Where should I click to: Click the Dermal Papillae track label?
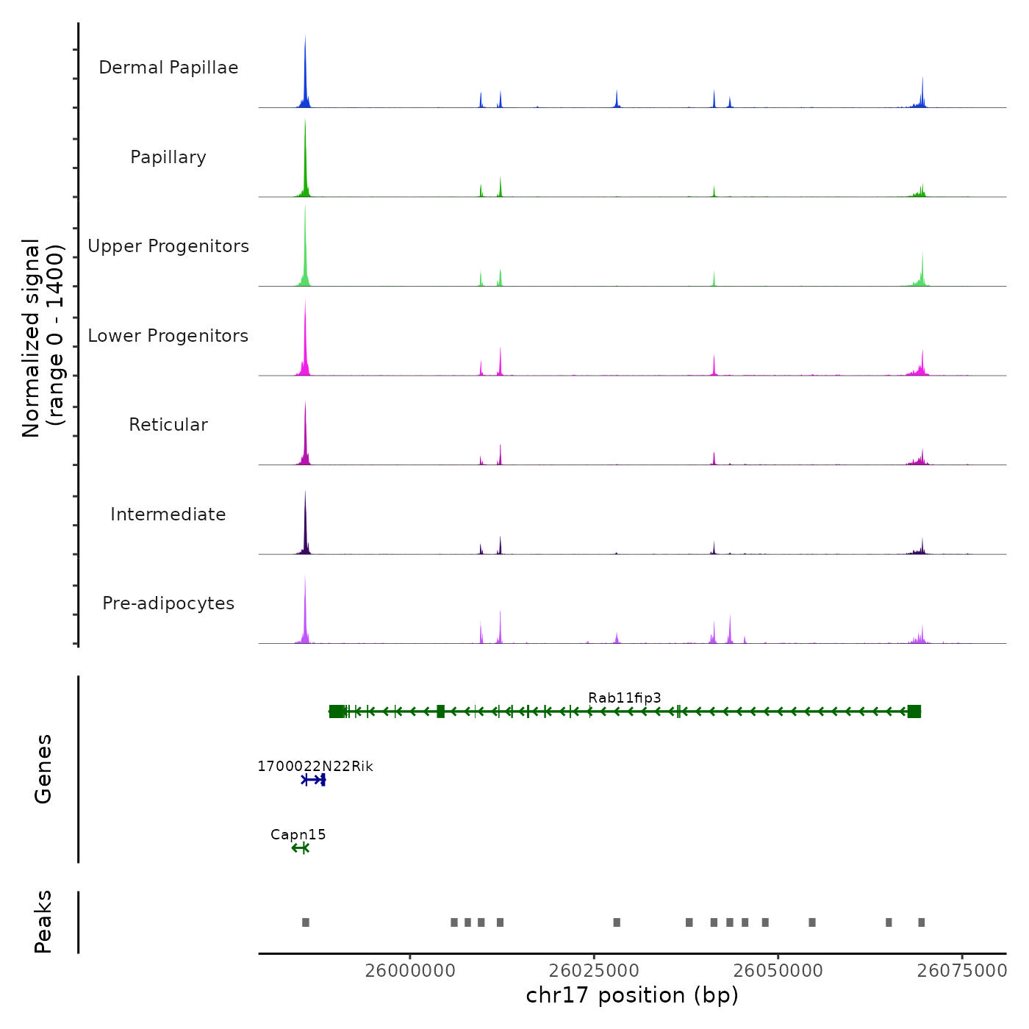tap(168, 68)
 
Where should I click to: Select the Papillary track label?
tap(168, 157)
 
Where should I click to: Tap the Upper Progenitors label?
tap(168, 246)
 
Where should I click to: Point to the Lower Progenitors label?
tap(168, 336)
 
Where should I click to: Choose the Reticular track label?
tap(168, 425)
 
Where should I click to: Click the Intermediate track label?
tap(168, 514)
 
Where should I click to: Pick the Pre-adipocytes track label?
tap(168, 603)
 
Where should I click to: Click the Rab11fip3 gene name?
tap(625, 698)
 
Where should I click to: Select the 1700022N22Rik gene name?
tap(315, 767)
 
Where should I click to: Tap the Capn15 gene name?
tap(298, 834)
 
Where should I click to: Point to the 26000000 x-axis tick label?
tap(410, 970)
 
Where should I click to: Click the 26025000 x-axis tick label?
tap(594, 970)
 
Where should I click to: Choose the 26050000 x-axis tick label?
tap(778, 970)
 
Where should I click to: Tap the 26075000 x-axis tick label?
tap(962, 970)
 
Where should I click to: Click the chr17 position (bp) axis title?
tap(632, 995)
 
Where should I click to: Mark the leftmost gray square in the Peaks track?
tap(306, 922)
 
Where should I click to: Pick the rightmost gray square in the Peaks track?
tap(922, 922)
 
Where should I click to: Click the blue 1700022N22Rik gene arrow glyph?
tap(314, 780)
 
